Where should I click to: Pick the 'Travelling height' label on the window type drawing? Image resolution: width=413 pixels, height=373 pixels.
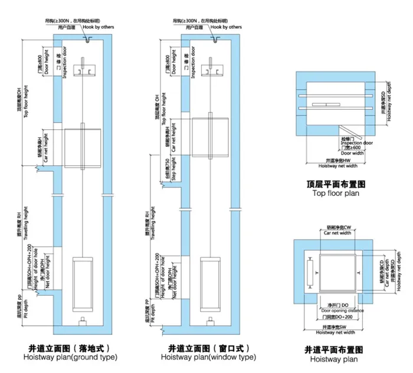coord(152,225)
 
